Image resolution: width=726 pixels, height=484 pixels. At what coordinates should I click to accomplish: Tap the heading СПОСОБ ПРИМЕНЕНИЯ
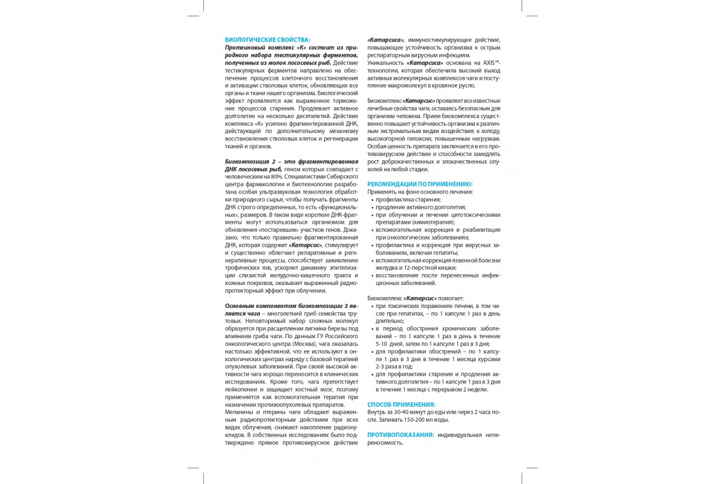[x=401, y=404]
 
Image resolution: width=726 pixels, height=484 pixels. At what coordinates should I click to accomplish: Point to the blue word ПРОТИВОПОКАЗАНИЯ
[x=401, y=434]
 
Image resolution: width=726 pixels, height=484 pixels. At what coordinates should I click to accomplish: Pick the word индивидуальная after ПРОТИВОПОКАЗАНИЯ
[x=458, y=434]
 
